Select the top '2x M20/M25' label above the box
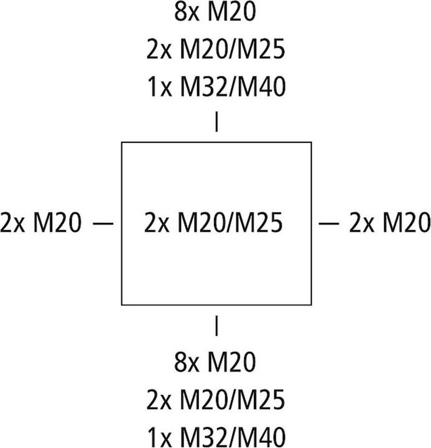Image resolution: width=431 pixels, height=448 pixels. tap(215, 51)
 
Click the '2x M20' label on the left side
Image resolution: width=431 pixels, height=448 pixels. tap(40, 222)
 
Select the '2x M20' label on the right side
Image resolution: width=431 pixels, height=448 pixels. tap(390, 222)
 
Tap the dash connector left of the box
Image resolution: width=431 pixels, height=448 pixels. tap(103, 222)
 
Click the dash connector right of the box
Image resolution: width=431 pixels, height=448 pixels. tap(329, 222)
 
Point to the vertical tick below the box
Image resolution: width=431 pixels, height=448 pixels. tap(216, 325)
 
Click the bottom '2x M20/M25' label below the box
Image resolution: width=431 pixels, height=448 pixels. tap(215, 399)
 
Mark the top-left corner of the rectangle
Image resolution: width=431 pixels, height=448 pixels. tap(121, 142)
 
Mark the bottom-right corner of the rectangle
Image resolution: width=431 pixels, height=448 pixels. tap(311, 305)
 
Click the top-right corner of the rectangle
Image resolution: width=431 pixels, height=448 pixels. tap(311, 142)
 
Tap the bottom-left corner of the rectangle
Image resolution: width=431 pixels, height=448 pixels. tap(121, 305)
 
